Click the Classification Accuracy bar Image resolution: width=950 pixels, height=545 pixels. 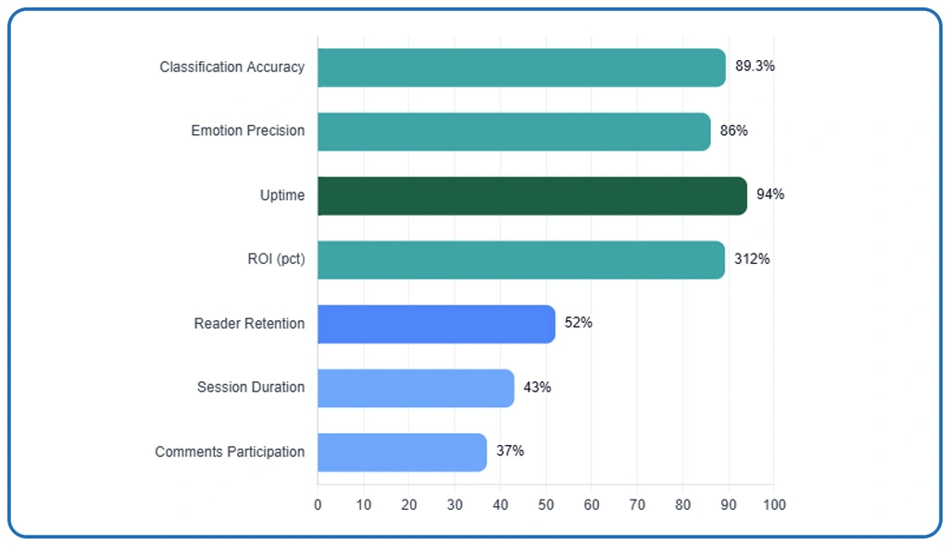(x=521, y=68)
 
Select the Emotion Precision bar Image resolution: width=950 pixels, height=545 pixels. (x=514, y=131)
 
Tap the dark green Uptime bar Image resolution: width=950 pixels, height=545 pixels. (x=532, y=195)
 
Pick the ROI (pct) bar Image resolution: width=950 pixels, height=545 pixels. (x=521, y=259)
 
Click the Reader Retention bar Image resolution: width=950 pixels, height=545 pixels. (x=436, y=324)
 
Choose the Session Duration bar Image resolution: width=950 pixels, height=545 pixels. (x=416, y=388)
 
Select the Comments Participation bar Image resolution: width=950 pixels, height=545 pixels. (x=402, y=452)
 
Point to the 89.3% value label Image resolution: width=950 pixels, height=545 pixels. (x=755, y=67)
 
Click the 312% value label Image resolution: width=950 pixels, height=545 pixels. (x=752, y=259)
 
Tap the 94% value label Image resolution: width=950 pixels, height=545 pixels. (x=770, y=194)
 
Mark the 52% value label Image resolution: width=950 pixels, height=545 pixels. (x=579, y=323)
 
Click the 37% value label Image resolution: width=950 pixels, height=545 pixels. (x=509, y=451)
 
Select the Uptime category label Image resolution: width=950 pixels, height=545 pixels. (x=282, y=195)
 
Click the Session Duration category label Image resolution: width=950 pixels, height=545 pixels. (x=250, y=387)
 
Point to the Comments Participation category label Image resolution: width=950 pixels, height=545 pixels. (x=230, y=452)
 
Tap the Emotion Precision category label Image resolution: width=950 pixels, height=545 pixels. (x=247, y=130)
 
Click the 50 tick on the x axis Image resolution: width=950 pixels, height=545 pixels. (x=546, y=505)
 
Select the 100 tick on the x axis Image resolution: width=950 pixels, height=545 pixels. (x=774, y=505)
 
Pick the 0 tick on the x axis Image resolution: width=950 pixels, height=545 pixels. (x=318, y=505)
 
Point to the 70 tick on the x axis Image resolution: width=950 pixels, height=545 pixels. (x=637, y=505)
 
